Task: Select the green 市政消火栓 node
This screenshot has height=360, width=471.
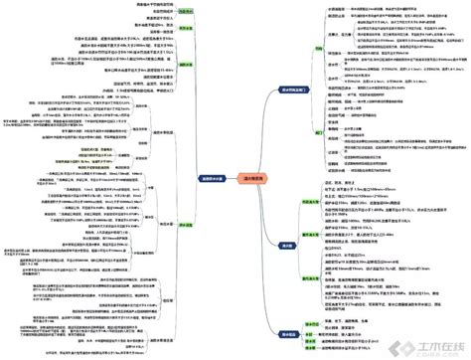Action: click(309, 202)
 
